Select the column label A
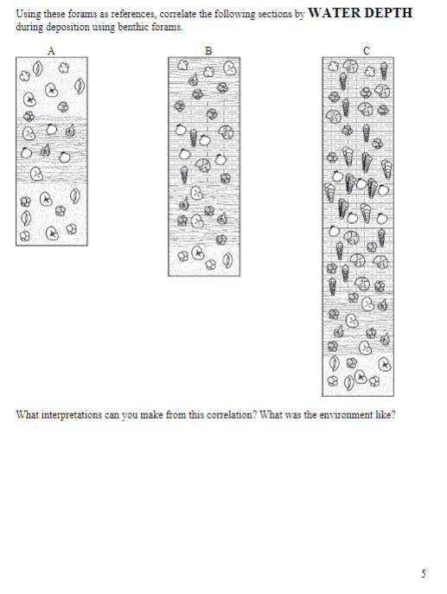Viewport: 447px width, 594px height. (x=51, y=51)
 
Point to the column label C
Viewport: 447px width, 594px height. (x=368, y=51)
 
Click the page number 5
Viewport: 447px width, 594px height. (x=424, y=574)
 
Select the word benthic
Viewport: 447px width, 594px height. (x=128, y=28)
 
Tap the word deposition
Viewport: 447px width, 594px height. (x=61, y=28)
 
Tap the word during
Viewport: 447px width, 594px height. (x=27, y=28)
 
